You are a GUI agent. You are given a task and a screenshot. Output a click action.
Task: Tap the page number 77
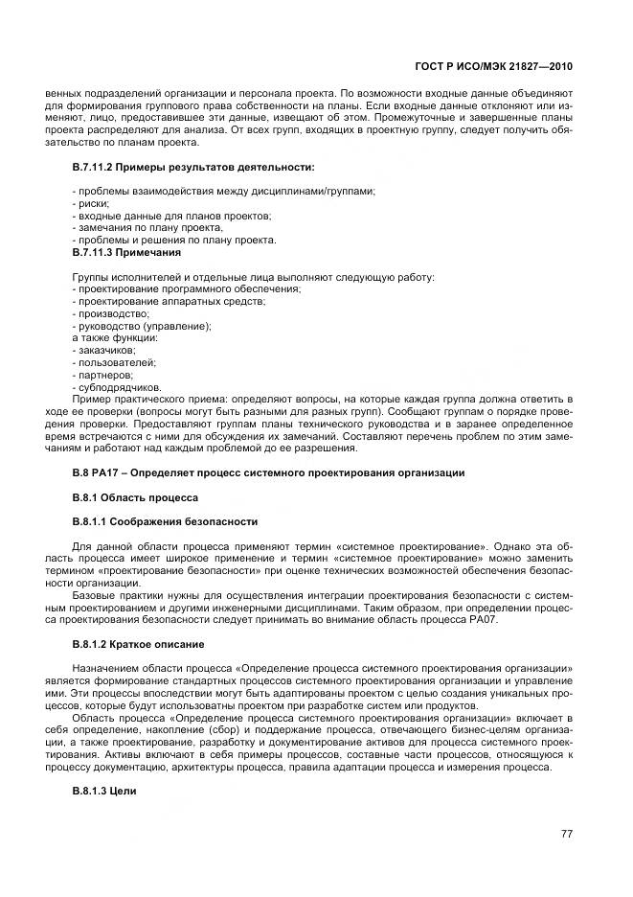(566, 834)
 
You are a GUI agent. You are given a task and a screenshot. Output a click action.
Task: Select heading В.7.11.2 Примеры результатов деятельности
(193, 168)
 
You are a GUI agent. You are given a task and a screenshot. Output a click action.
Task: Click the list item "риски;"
(93, 204)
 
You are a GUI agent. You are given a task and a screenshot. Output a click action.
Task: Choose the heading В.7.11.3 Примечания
(126, 253)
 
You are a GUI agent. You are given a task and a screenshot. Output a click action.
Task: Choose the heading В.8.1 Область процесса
(135, 498)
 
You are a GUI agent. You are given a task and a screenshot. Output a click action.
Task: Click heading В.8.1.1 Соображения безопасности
(165, 522)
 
